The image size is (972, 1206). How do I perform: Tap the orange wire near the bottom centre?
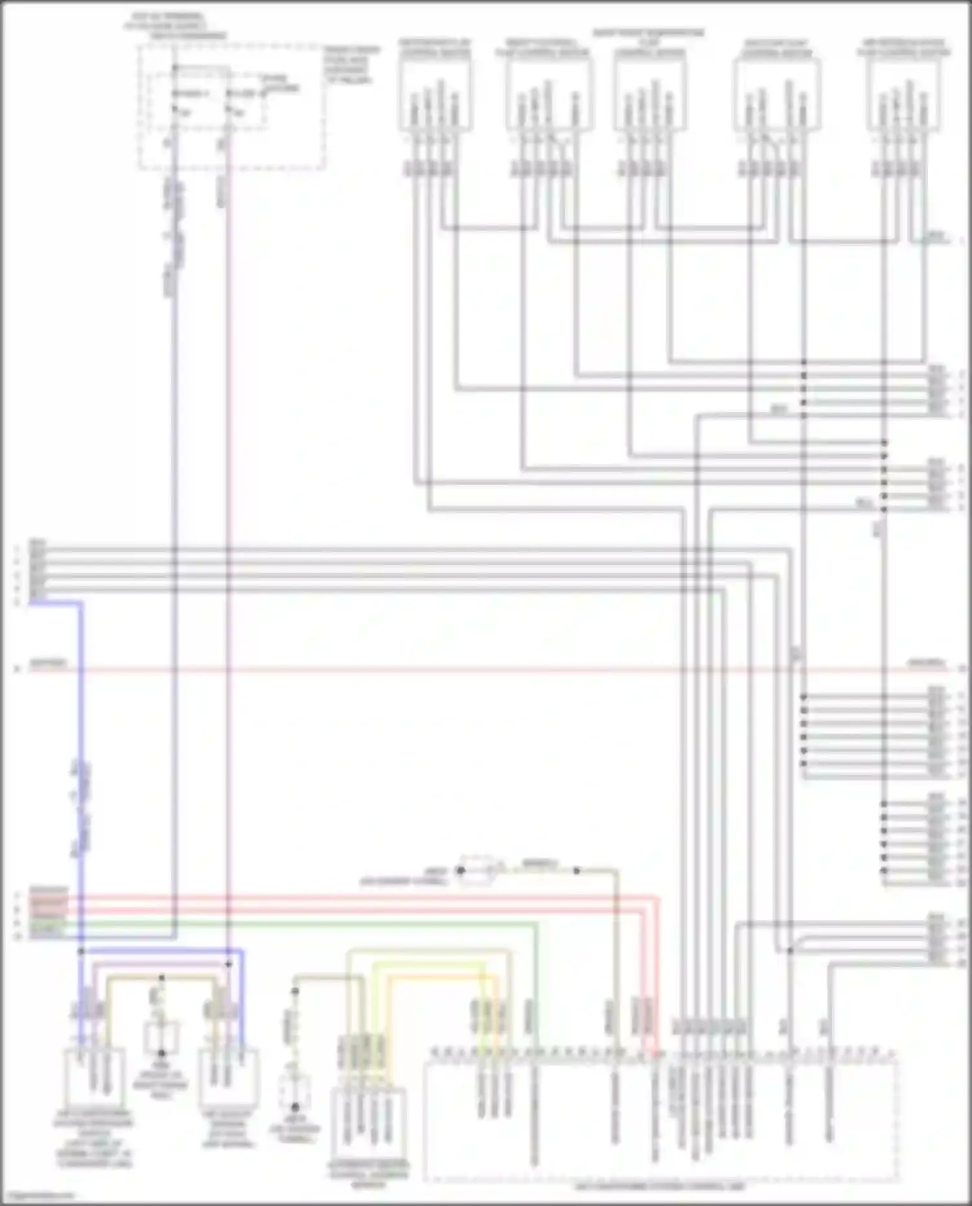(x=441, y=977)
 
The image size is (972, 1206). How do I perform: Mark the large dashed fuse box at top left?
(x=231, y=107)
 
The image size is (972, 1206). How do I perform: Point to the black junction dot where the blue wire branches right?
(x=81, y=951)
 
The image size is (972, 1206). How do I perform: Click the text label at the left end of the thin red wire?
(x=49, y=664)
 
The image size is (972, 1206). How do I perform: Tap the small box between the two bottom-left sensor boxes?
(x=161, y=1038)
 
